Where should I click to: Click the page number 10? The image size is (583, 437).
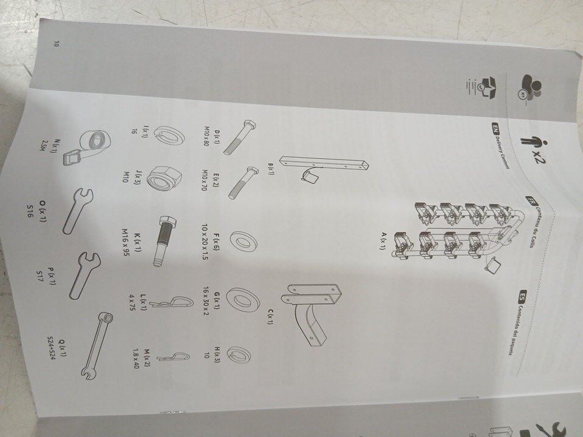pyautogui.click(x=56, y=44)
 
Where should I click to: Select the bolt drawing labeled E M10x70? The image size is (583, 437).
pyautogui.click(x=244, y=183)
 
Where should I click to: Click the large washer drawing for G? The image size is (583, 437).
pyautogui.click(x=243, y=299)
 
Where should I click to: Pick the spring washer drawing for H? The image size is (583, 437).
pyautogui.click(x=239, y=354)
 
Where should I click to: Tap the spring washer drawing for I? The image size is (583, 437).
pyautogui.click(x=169, y=135)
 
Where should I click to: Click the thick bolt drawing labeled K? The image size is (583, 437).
pyautogui.click(x=165, y=240)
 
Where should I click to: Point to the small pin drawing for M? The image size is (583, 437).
pyautogui.click(x=173, y=357)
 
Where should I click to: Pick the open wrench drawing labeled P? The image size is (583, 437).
pyautogui.click(x=85, y=276)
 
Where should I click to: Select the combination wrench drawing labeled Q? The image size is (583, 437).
pyautogui.click(x=97, y=345)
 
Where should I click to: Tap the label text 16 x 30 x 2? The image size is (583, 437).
pyautogui.click(x=206, y=300)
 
